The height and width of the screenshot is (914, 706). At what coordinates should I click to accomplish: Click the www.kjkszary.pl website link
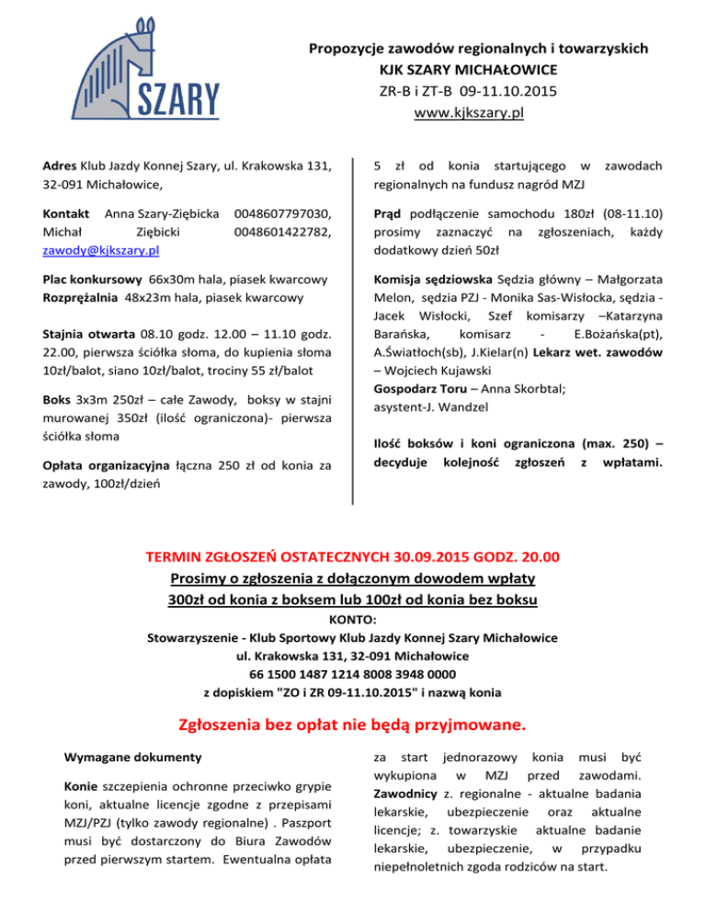[x=469, y=113]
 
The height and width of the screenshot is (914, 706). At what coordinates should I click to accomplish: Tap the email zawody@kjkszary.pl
[x=101, y=250]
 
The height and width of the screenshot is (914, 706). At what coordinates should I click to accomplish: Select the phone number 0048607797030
[x=290, y=212]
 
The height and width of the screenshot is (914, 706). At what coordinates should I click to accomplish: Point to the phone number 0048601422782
[x=290, y=231]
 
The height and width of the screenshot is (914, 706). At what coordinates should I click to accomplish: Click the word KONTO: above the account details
[x=353, y=621]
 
